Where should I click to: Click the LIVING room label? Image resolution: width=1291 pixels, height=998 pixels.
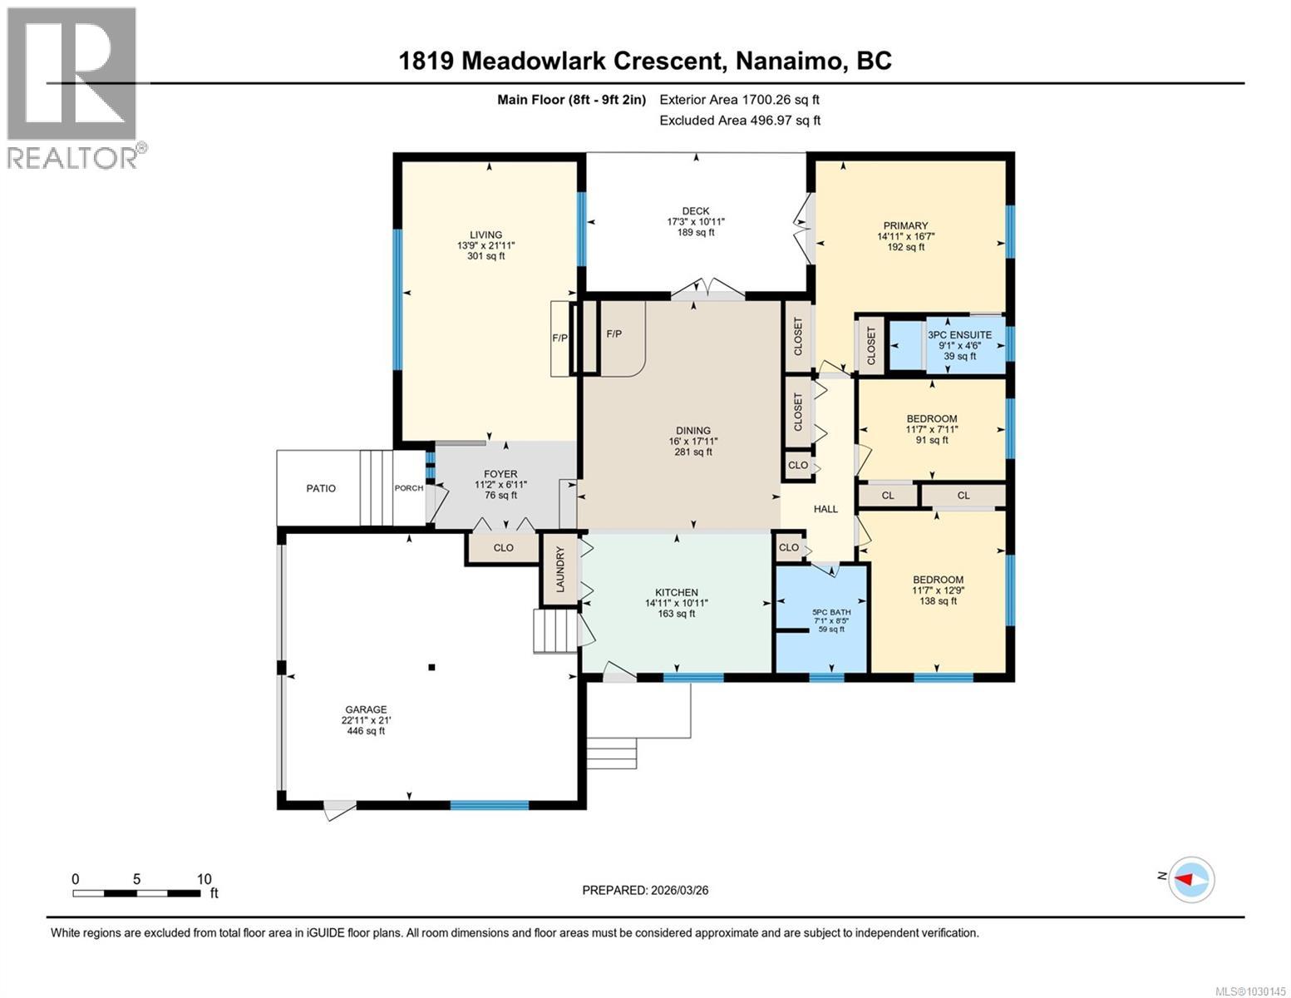(486, 235)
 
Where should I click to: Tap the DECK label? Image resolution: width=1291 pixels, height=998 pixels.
(695, 211)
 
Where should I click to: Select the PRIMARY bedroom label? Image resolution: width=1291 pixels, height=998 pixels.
(905, 225)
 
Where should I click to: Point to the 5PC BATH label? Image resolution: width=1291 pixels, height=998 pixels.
(831, 612)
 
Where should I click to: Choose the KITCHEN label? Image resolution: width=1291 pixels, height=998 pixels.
(676, 592)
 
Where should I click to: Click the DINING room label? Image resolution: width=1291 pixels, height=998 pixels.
(692, 431)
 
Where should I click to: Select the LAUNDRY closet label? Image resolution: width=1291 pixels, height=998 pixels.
(560, 570)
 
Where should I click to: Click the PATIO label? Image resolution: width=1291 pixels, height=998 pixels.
(321, 488)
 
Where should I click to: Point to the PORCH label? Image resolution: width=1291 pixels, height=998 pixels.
(408, 488)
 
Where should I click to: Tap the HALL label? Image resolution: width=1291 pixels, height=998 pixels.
(825, 509)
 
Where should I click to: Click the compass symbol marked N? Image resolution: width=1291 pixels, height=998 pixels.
(1192, 879)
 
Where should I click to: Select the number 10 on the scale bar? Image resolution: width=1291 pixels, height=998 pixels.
(204, 879)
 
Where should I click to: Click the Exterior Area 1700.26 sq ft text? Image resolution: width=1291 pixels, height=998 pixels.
(739, 100)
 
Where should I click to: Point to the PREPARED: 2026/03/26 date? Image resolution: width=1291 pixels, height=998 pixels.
(645, 890)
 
